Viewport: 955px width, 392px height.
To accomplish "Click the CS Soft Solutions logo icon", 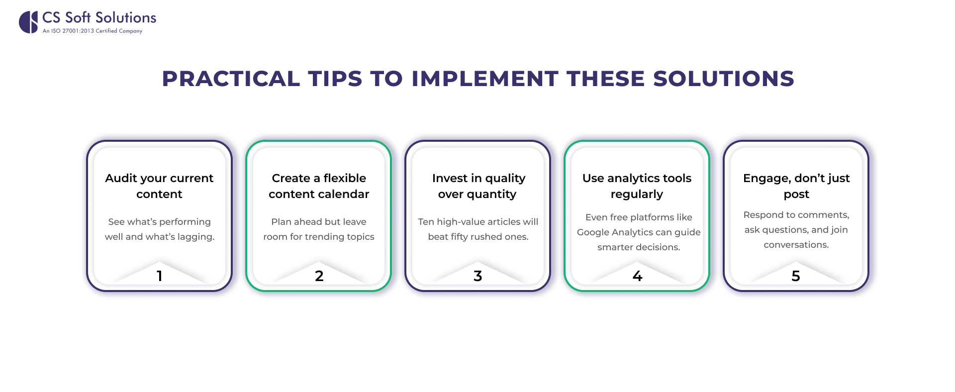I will pos(28,22).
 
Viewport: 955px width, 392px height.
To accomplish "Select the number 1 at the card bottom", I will pos(159,276).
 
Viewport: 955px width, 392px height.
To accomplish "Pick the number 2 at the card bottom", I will pos(319,276).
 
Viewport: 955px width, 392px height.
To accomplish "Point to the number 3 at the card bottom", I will pos(477,276).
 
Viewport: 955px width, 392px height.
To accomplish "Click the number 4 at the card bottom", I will pos(637,276).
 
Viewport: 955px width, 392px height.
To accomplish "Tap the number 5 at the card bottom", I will pos(796,276).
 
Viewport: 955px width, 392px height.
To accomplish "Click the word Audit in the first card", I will pos(121,178).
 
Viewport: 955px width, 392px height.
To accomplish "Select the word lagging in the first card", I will pos(196,237).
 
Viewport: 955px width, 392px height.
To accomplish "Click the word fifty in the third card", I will pos(459,237).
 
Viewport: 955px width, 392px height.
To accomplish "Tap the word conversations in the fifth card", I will pos(796,245).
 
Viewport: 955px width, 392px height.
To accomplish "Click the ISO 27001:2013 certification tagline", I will pos(93,31).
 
